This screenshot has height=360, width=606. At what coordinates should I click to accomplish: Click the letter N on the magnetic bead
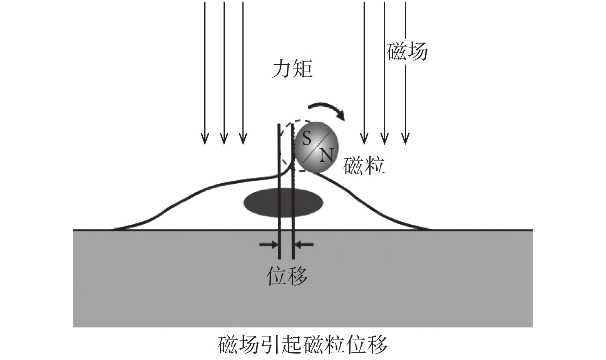327,156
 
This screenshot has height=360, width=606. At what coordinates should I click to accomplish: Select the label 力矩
292,69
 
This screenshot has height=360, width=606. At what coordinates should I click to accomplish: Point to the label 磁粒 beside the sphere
364,166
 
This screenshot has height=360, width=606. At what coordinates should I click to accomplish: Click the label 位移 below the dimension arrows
287,276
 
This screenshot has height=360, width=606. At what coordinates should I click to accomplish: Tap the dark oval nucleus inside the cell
284,203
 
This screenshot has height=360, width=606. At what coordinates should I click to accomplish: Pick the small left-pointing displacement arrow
305,245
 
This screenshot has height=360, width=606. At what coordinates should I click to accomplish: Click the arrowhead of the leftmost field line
205,139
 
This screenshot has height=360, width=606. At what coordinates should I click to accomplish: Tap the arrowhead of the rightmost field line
405,139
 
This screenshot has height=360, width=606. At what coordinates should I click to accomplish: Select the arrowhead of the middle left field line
224,139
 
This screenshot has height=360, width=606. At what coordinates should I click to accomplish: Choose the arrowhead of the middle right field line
384,139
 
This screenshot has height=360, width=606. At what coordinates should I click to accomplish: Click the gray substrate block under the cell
303,279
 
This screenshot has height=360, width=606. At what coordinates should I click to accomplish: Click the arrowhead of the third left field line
243,139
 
